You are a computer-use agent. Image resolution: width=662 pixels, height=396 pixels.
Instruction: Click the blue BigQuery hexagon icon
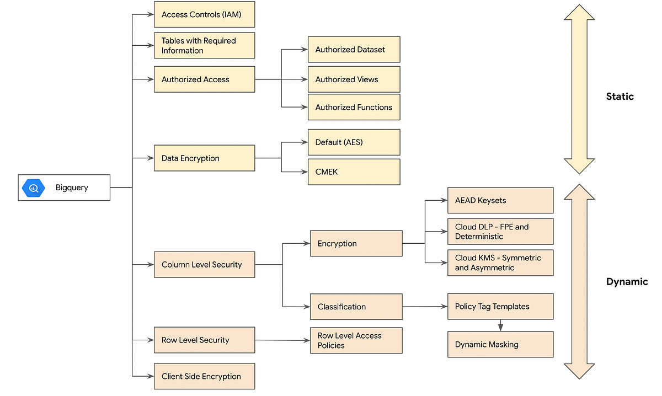[34, 188]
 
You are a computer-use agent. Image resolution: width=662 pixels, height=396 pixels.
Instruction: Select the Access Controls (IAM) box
[204, 15]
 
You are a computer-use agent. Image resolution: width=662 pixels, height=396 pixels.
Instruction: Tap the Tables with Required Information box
[204, 45]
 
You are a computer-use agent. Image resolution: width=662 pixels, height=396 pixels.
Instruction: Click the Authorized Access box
[204, 79]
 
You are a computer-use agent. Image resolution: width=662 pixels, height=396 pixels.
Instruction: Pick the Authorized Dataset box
[354, 50]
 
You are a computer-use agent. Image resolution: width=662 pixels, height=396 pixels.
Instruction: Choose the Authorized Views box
[354, 79]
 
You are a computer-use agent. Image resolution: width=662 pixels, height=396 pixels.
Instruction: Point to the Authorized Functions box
[354, 108]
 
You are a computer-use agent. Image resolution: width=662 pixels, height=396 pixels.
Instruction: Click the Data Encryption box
[204, 158]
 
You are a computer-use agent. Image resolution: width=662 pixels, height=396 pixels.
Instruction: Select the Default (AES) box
[354, 142]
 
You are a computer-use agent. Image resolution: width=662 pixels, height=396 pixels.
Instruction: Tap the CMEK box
[354, 172]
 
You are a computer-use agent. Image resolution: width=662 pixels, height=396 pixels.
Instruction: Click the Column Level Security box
[204, 265]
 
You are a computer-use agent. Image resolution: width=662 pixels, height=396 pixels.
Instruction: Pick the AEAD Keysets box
[500, 200]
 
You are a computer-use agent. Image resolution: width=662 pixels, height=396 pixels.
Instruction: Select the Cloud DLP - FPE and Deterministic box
[500, 232]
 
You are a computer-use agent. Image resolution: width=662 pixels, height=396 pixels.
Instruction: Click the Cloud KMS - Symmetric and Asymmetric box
[500, 263]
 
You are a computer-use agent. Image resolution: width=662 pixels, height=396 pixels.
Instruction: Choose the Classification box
[356, 307]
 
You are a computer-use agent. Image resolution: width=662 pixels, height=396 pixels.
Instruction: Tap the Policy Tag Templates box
[500, 307]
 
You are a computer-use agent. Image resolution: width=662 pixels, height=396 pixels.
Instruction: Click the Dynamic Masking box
[500, 345]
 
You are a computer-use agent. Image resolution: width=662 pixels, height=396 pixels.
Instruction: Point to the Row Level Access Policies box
[356, 340]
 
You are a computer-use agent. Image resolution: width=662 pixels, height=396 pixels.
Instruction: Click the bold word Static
[620, 97]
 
